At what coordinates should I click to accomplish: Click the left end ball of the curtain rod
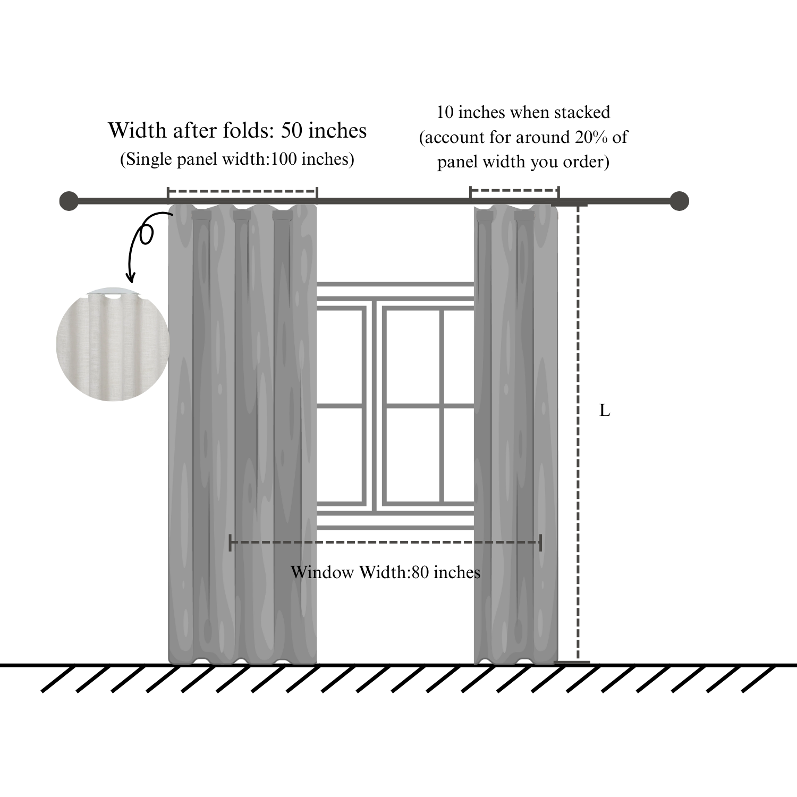(69, 201)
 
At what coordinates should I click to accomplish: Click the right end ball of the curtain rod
(679, 201)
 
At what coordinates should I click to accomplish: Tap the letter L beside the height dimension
(605, 411)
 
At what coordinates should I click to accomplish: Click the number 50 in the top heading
(291, 131)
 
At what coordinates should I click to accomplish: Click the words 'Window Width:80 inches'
(385, 572)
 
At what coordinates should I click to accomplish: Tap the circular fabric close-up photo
(112, 345)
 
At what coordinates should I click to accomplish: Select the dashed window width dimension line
(385, 542)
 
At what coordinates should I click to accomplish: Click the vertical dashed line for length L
(578, 433)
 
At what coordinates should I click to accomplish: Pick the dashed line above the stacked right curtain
(514, 190)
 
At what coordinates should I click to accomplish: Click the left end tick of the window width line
(230, 542)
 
